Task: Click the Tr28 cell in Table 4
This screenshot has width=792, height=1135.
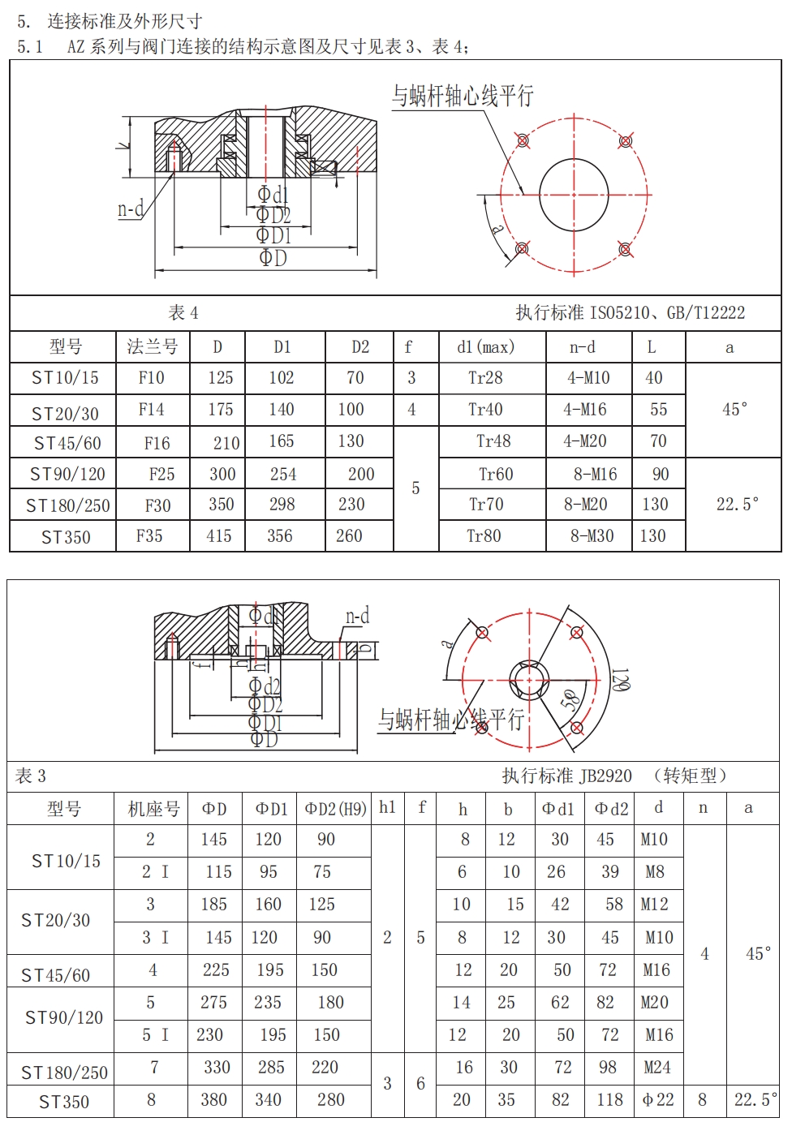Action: point(485,378)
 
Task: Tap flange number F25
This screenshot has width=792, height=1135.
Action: point(161,474)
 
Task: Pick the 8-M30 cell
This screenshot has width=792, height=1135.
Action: point(592,536)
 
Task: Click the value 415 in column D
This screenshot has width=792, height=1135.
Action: point(218,536)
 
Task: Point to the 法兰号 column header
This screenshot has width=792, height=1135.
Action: point(153,347)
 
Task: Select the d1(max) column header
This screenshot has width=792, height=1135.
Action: point(485,347)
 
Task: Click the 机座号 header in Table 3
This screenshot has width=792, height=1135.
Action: point(153,809)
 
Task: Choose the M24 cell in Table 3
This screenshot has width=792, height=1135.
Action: point(656,1068)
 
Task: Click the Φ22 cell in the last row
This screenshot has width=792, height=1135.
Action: point(658,1100)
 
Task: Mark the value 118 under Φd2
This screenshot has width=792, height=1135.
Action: point(609,1100)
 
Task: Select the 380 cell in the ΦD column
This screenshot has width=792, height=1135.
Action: point(213,1100)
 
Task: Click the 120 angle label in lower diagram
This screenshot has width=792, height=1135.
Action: point(621,680)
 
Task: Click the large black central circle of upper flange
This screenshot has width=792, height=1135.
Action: point(573,195)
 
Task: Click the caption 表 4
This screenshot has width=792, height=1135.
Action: point(183,313)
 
